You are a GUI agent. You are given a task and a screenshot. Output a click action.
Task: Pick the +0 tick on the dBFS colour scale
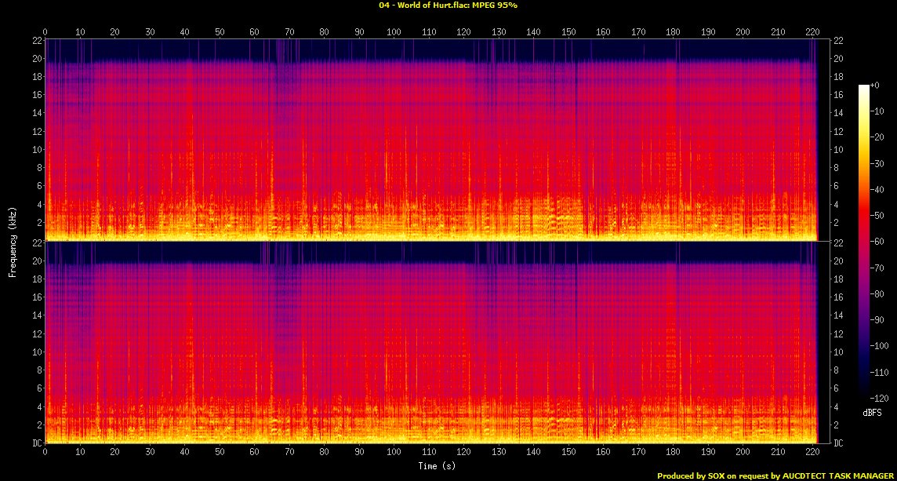coord(880,86)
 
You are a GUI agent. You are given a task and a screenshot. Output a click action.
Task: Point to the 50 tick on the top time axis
coord(220,32)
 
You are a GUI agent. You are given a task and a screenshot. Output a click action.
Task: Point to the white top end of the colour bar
coord(863,87)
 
